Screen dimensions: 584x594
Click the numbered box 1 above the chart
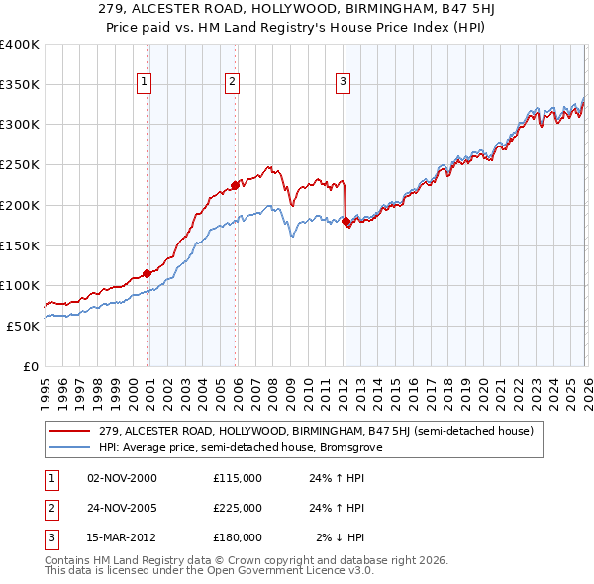coord(145,83)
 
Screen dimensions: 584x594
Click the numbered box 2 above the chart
coord(232,83)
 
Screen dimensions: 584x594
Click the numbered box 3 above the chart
coord(343,83)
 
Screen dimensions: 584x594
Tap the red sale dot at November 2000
coord(147,273)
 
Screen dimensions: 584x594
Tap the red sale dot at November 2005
coord(235,184)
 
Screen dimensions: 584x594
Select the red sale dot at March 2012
coord(346,221)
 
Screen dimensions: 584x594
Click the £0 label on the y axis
coord(30,366)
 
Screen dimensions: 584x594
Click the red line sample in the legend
coord(71,431)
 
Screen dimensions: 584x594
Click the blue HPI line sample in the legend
coord(71,447)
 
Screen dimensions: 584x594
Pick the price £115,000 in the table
coord(238,478)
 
